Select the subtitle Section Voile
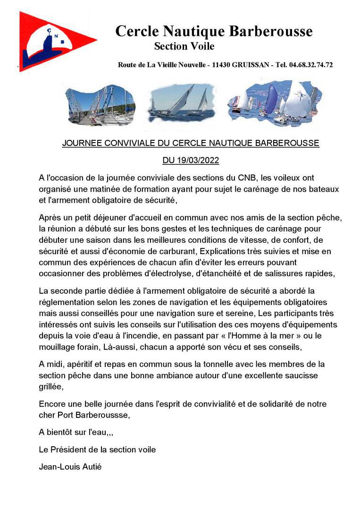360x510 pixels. pos(184,46)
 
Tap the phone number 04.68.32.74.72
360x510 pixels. pos(311,65)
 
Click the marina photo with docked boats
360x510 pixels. pos(100,105)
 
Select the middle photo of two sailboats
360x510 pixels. pos(181,103)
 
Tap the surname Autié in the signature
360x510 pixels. pos(92,467)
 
